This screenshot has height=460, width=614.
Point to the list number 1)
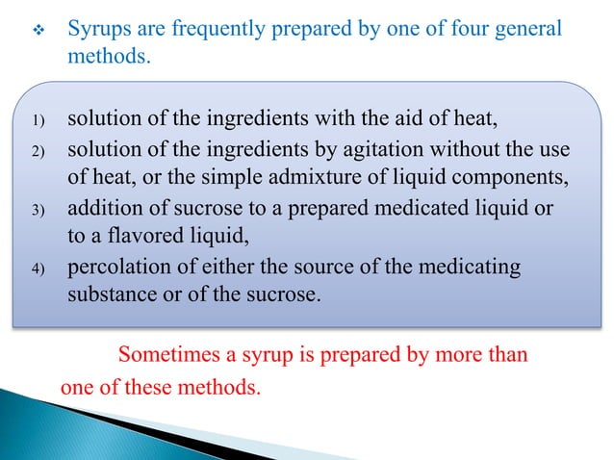[x=38, y=123]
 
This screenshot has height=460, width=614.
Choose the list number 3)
[x=38, y=213]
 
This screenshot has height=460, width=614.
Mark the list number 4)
[x=38, y=268]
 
